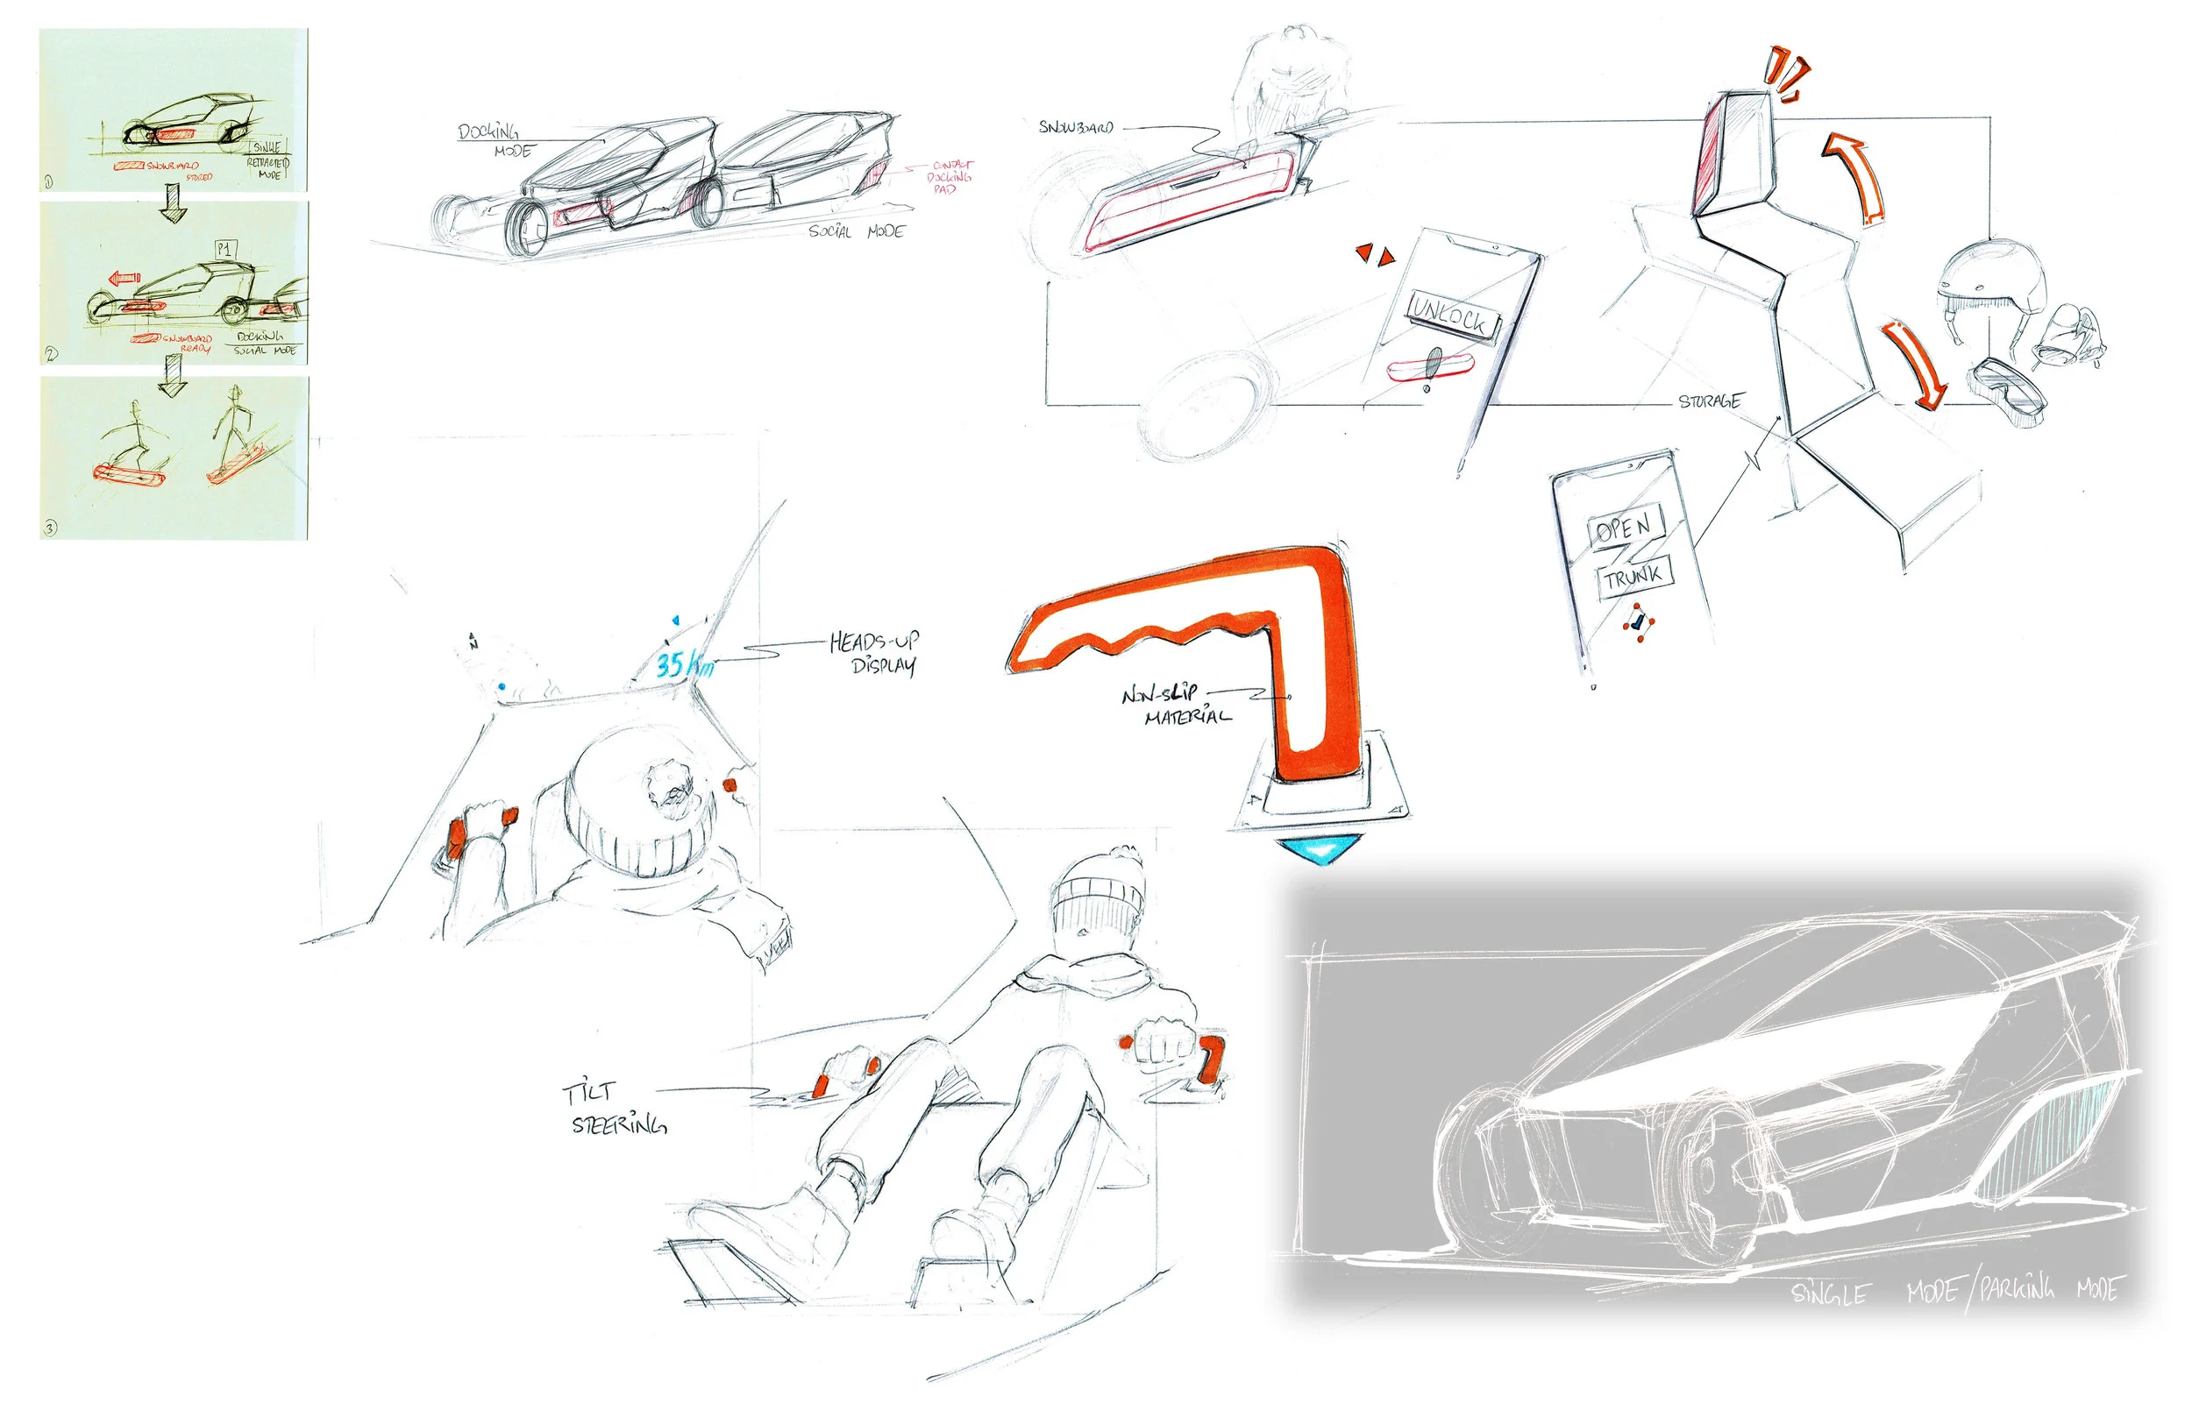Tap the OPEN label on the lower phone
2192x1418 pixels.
tap(1625, 527)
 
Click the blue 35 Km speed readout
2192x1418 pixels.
tap(683, 664)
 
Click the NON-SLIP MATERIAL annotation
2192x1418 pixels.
tap(1176, 705)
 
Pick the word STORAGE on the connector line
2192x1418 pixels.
tap(1710, 401)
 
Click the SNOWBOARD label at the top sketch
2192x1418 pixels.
tap(1076, 127)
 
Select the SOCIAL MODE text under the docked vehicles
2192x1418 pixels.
tap(857, 231)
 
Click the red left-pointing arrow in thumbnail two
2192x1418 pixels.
tap(124, 278)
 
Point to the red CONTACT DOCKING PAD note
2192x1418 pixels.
tap(949, 177)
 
